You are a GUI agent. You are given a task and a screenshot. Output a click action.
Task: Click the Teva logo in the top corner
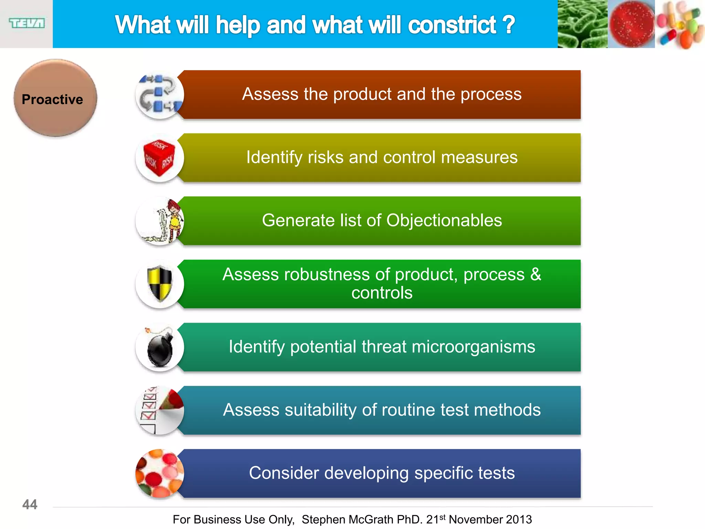(27, 23)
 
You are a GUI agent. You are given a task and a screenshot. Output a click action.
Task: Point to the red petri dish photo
(631, 24)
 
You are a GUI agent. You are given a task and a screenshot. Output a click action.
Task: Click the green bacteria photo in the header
(582, 24)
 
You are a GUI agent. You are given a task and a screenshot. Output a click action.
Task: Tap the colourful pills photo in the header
(680, 24)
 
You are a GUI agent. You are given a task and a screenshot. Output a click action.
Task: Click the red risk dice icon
(159, 158)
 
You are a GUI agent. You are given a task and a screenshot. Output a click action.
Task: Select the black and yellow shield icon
(159, 283)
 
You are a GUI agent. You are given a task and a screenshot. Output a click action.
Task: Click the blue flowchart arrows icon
(159, 94)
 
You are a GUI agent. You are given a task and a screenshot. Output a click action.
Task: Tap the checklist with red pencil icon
(159, 410)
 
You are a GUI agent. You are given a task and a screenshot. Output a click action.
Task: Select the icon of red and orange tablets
(159, 473)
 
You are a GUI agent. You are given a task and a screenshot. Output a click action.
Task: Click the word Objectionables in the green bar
(444, 220)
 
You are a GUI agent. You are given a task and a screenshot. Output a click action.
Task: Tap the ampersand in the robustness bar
(536, 274)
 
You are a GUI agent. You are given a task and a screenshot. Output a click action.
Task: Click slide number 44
(30, 505)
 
